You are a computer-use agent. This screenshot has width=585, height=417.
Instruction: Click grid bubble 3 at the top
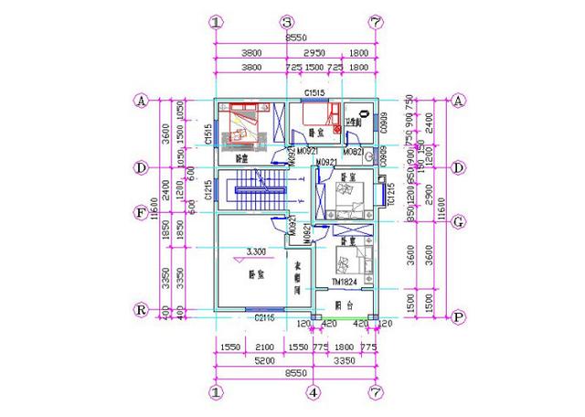286,22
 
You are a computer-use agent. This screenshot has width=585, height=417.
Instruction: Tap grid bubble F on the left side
142,213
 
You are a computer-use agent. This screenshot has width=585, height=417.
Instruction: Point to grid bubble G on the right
459,220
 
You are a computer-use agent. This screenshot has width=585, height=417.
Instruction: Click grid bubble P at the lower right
459,316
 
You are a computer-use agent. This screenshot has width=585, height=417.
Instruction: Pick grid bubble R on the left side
142,309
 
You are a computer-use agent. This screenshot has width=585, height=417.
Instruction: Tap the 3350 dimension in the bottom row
344,361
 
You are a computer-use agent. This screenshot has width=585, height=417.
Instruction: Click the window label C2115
265,317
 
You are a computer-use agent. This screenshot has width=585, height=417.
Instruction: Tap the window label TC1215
389,195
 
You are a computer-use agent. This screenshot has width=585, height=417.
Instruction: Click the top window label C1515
316,94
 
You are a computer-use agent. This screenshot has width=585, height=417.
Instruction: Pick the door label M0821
354,151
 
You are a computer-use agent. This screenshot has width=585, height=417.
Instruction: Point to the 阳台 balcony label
343,304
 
